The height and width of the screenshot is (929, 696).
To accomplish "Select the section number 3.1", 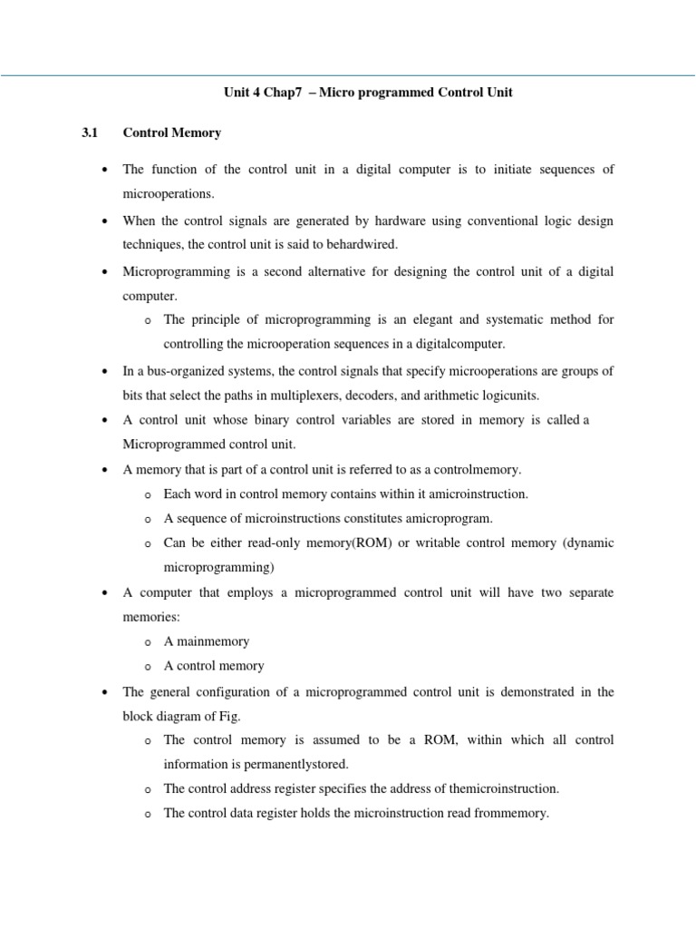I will (89, 132).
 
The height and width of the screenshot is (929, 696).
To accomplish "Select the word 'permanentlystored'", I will (295, 764).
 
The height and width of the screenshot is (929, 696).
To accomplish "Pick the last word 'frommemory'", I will (513, 813).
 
